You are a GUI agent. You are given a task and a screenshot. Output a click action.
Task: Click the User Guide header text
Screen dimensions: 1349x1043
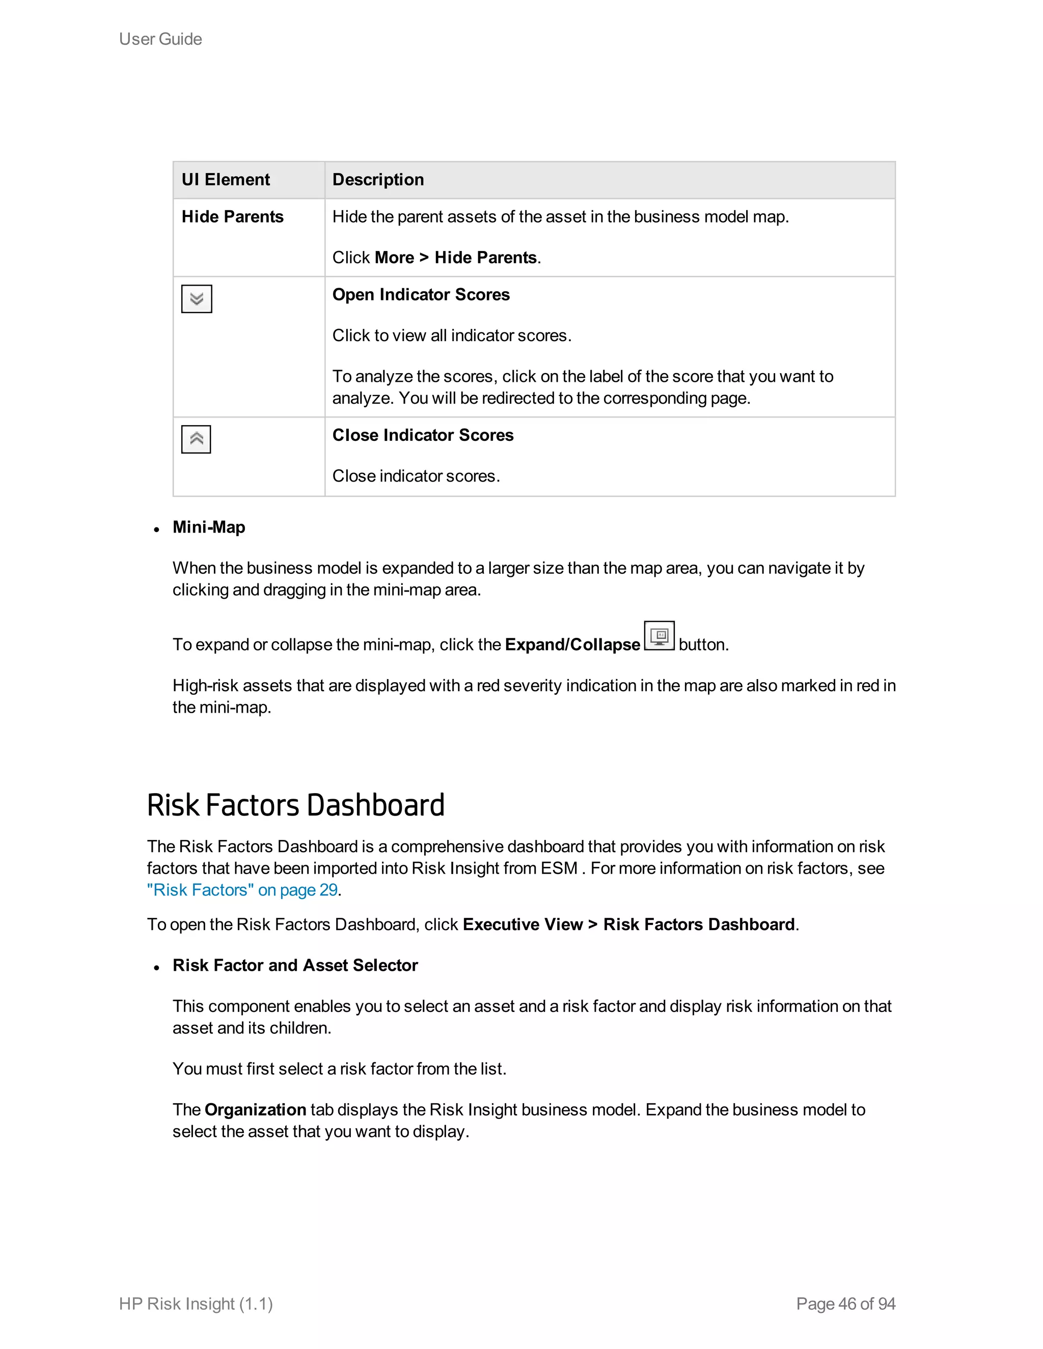pyautogui.click(x=160, y=39)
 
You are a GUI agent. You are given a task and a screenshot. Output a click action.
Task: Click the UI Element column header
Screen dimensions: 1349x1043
pyautogui.click(x=226, y=180)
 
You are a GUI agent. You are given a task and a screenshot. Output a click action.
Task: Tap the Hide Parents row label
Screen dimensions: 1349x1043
pyautogui.click(x=232, y=217)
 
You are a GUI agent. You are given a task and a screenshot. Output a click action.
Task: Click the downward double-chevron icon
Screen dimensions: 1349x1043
pyautogui.click(x=197, y=299)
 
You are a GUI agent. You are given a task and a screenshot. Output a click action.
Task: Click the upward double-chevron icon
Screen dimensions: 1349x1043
pyautogui.click(x=196, y=439)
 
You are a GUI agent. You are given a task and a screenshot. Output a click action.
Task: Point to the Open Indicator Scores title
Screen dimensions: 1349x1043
pyautogui.click(x=421, y=295)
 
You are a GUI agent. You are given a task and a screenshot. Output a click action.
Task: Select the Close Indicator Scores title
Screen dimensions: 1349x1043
pyautogui.click(x=423, y=435)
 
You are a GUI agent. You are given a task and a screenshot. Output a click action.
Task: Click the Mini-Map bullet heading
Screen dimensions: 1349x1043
pyautogui.click(x=209, y=527)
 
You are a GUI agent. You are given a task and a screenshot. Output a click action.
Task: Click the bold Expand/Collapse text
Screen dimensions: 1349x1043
pyautogui.click(x=572, y=645)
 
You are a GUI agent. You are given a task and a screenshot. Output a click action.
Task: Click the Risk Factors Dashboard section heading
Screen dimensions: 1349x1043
pyautogui.click(x=295, y=805)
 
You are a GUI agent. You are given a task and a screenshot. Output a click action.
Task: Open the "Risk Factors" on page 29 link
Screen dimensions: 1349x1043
pyautogui.click(x=242, y=890)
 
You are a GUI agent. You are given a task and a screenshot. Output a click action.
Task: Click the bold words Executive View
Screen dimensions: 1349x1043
pyautogui.click(x=522, y=924)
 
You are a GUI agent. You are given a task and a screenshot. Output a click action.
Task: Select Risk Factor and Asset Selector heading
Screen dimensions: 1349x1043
pyautogui.click(x=295, y=965)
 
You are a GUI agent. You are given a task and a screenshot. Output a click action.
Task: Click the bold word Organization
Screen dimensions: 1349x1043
pyautogui.click(x=255, y=1110)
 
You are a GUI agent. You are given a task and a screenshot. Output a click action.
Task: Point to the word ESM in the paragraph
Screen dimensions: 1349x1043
pyautogui.click(x=559, y=868)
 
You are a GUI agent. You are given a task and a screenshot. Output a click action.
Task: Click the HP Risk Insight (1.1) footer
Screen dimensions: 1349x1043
pyautogui.click(x=196, y=1304)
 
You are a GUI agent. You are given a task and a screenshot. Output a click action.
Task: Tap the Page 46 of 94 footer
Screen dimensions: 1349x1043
pyautogui.click(x=845, y=1304)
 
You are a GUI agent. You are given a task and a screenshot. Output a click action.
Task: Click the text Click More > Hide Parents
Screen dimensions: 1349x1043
pyautogui.click(x=436, y=258)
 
